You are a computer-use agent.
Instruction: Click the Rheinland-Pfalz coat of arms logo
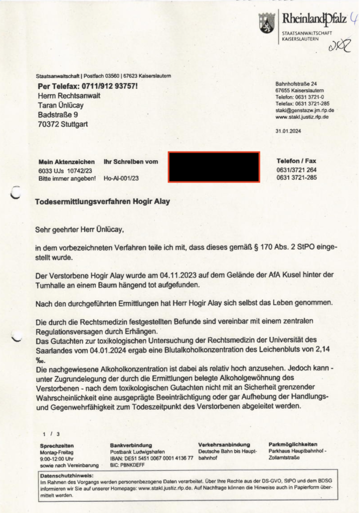(x=267, y=23)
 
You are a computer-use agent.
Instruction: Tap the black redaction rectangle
(x=214, y=167)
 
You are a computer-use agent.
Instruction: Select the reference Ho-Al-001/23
(x=121, y=178)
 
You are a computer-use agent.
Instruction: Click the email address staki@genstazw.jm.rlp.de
(x=305, y=110)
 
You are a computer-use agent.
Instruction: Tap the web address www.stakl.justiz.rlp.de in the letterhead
(x=302, y=117)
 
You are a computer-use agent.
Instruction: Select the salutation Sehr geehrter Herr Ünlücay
(x=79, y=230)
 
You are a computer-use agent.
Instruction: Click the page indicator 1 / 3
(x=51, y=433)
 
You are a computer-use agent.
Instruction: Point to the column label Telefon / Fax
(x=296, y=161)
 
